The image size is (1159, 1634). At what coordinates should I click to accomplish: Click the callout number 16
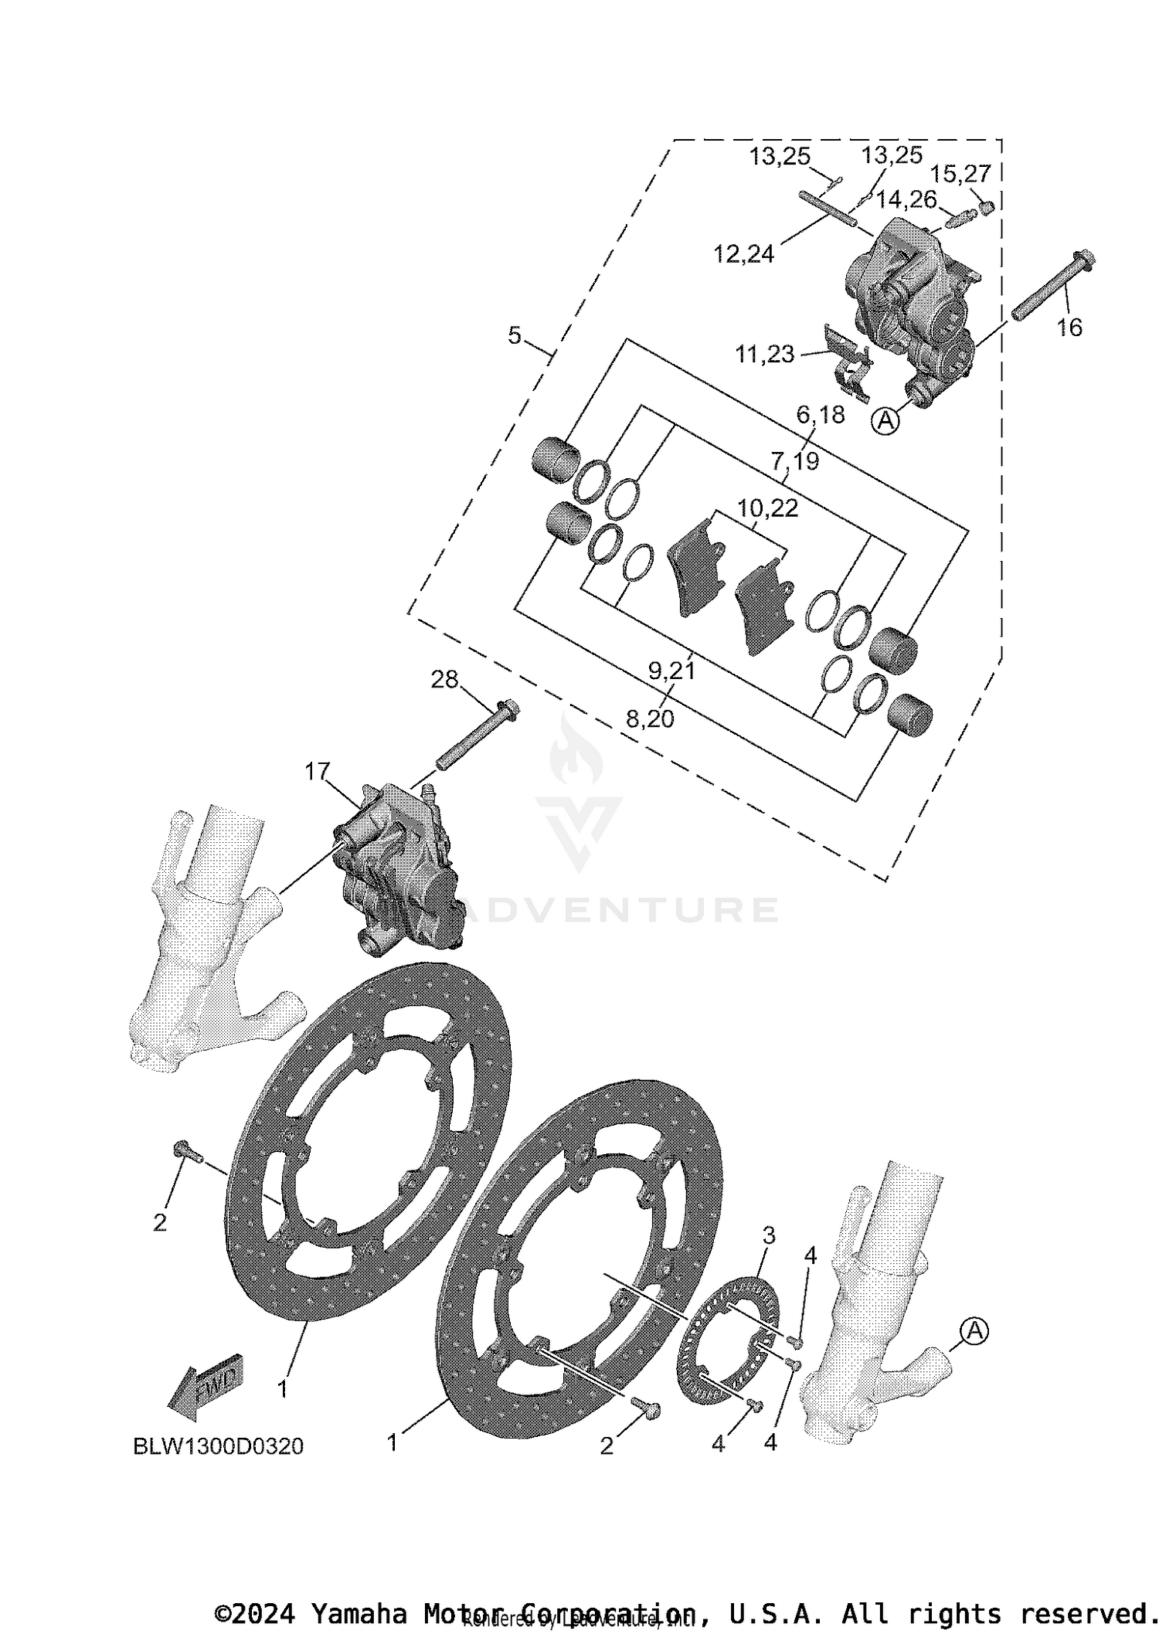[x=1069, y=328]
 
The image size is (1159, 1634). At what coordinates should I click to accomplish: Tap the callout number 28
[x=444, y=680]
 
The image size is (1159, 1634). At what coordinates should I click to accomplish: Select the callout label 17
[x=317, y=771]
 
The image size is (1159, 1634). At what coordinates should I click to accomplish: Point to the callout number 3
[x=769, y=1235]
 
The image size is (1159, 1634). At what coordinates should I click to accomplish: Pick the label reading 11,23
[x=764, y=354]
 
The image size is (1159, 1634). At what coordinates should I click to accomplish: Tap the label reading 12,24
[x=743, y=253]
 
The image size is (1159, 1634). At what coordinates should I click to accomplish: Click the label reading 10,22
[x=767, y=508]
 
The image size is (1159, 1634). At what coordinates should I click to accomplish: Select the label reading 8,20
[x=650, y=719]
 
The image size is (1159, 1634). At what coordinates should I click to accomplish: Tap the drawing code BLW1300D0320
[x=219, y=1446]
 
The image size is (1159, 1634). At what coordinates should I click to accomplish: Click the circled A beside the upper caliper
[x=886, y=421]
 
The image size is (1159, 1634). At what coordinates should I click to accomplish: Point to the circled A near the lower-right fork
[x=974, y=1330]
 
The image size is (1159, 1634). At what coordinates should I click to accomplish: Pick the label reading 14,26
[x=906, y=200]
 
